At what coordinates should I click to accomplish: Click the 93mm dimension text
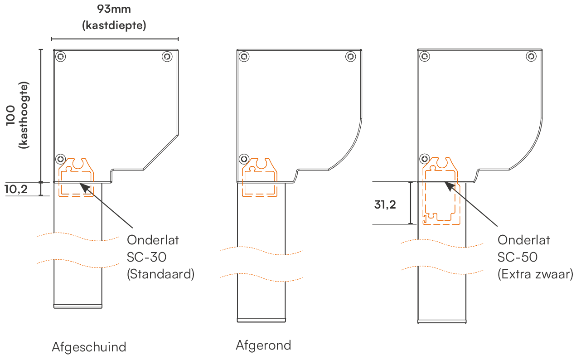point(114,9)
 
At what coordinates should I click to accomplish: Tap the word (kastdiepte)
point(114,25)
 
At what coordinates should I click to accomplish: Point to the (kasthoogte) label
point(24,115)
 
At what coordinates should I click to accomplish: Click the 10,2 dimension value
point(16,189)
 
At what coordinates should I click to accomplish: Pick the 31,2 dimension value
point(385,204)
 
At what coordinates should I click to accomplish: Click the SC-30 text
point(146,257)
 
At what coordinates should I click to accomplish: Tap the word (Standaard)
point(160,274)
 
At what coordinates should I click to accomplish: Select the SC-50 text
point(517,257)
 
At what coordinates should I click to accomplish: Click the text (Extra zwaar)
point(535,274)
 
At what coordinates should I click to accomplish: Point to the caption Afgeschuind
point(89,347)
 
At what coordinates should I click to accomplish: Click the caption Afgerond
point(263,345)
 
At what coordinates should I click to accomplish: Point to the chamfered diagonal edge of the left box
point(161,152)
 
